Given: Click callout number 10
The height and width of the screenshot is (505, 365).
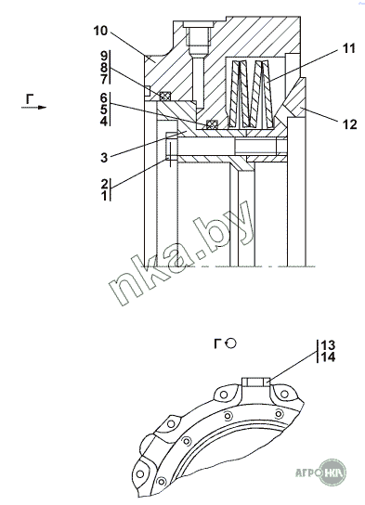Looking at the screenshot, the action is coord(100,32).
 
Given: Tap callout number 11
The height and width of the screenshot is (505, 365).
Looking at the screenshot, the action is coord(348,48).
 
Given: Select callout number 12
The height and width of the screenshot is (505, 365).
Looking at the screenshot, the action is coord(350,124).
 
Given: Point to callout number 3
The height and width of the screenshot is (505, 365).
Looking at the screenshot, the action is coord(104,158).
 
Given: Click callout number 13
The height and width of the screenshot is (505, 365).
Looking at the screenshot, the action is coord(328,345).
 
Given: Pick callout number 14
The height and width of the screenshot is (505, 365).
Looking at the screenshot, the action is coord(328,356).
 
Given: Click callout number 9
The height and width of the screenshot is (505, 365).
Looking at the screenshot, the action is coord(104,56).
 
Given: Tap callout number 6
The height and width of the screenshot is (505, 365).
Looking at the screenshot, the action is coord(103,97).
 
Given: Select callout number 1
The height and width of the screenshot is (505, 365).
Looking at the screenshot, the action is coord(104,196).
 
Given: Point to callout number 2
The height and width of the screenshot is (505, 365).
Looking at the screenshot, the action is coord(104,184).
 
